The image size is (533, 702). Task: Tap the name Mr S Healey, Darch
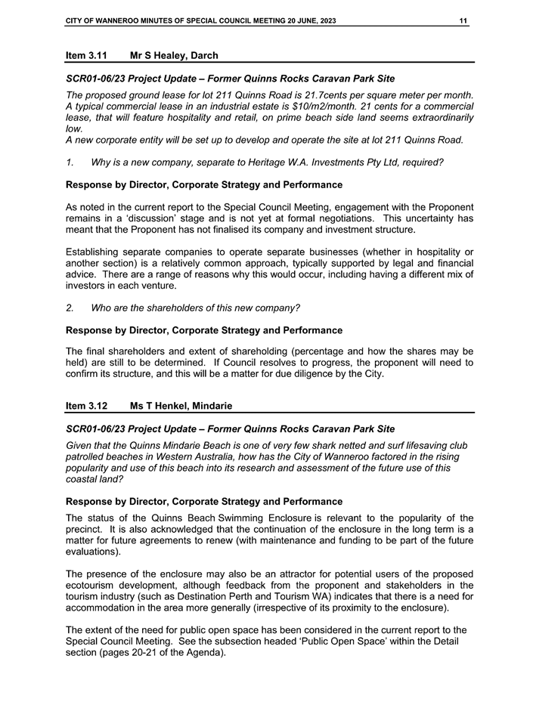tap(174, 55)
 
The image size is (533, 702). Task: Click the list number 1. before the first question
tap(70, 162)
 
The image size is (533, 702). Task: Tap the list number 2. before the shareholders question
tap(70, 308)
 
